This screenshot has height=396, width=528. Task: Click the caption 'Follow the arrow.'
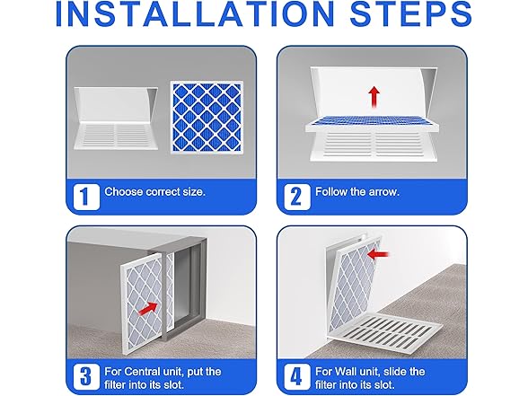356,192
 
